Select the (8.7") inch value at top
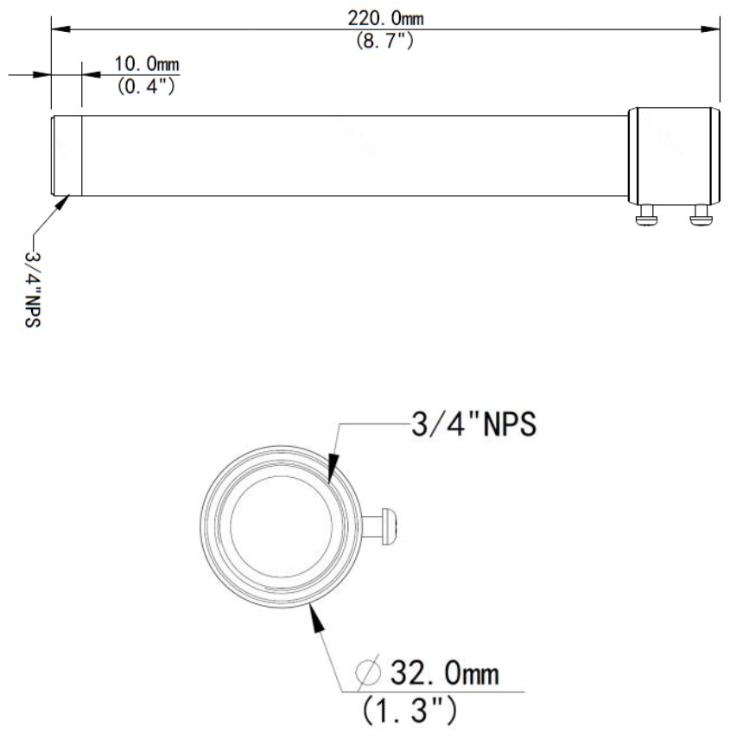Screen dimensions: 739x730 [x=384, y=41]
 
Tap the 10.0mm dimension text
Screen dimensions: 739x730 [x=147, y=65]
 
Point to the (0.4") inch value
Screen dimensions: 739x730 [x=147, y=86]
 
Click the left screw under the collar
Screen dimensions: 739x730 [x=647, y=217]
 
